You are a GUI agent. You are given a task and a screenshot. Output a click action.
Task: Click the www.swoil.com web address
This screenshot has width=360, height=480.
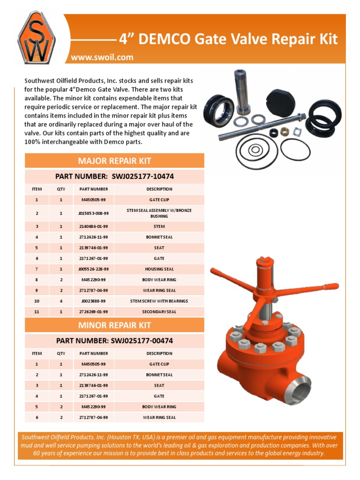102,57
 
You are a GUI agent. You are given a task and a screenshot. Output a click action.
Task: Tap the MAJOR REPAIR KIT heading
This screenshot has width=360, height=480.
114,161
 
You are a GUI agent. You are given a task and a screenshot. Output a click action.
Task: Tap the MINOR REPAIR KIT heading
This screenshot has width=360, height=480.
114,325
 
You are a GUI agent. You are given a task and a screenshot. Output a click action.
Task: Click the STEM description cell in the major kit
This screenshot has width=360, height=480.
159,226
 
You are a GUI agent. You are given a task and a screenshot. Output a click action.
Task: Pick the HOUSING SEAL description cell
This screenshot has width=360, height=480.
159,269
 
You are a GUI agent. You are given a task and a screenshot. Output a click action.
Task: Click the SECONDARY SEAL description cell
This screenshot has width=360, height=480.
159,312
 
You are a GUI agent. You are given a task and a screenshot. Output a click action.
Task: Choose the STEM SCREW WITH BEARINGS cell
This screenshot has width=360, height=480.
159,301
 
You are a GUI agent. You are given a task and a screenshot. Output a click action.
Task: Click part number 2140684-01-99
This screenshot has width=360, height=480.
93,226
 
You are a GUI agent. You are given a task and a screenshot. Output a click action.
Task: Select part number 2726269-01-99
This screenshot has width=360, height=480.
93,312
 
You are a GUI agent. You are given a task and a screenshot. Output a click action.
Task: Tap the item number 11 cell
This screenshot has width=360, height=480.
37,312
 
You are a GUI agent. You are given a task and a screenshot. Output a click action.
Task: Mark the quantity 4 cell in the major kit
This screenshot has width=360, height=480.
61,301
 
